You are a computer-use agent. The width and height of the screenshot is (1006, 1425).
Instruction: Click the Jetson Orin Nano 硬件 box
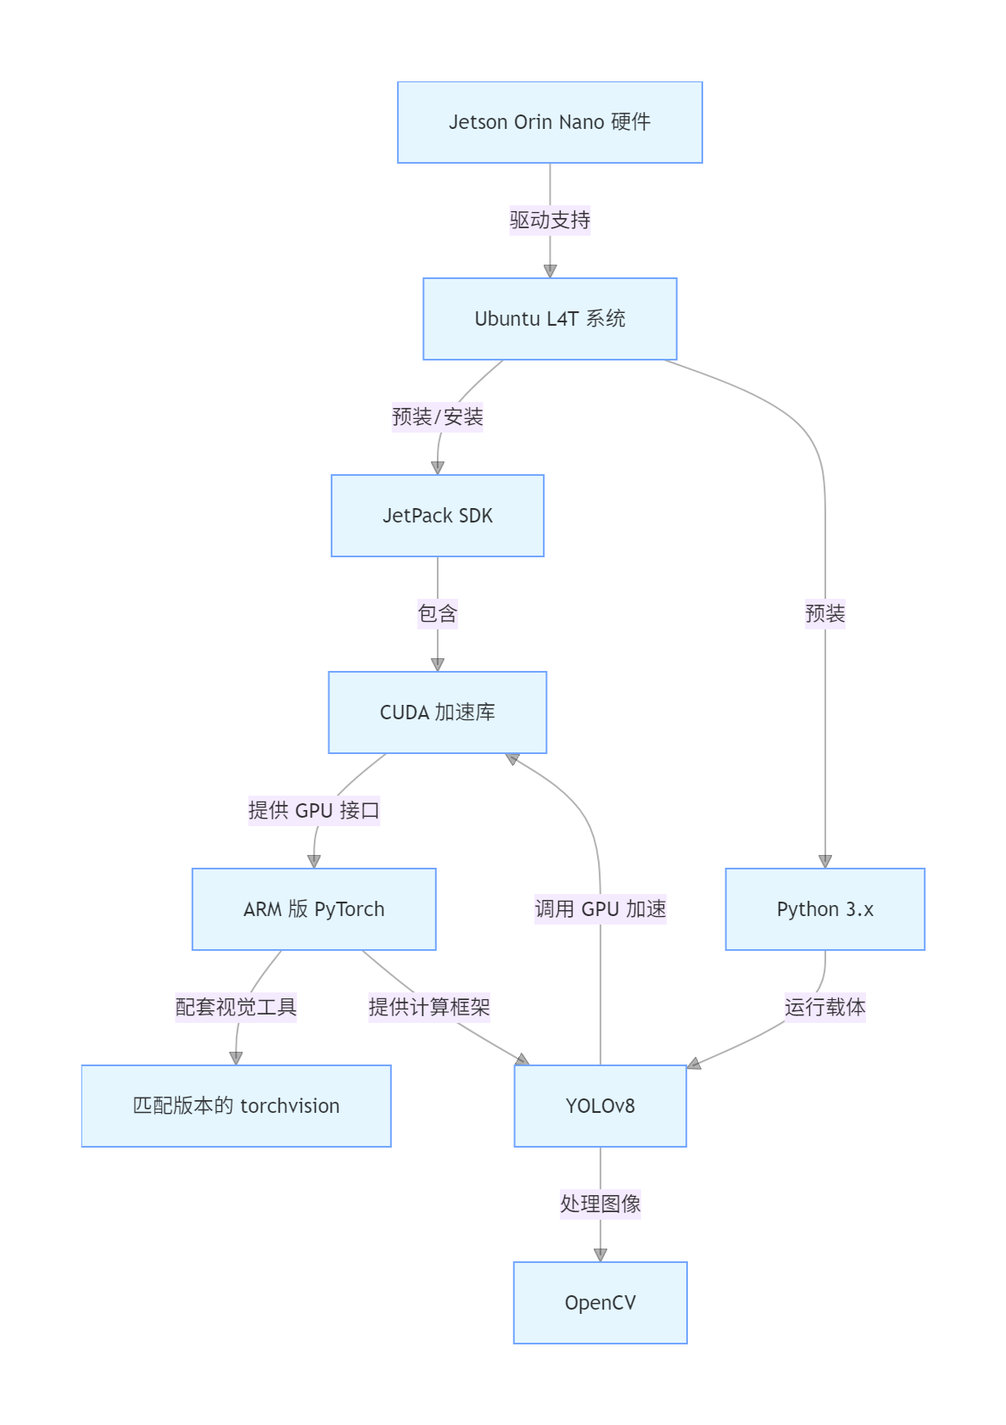click(550, 122)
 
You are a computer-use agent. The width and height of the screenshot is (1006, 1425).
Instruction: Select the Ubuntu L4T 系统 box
click(550, 319)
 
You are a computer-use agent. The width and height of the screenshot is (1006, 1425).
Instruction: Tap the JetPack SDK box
click(438, 516)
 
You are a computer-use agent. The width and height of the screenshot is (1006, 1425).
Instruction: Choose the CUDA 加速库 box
click(438, 712)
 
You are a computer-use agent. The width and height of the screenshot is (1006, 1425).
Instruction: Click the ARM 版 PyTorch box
click(314, 909)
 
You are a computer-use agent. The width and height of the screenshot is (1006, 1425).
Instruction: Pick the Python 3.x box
click(825, 909)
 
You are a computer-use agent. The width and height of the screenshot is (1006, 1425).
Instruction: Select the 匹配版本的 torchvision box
click(236, 1106)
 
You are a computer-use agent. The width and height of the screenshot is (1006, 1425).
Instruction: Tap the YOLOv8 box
click(601, 1106)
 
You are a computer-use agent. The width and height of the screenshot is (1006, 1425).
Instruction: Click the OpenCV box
click(601, 1302)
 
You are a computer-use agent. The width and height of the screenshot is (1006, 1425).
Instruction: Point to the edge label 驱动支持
click(550, 221)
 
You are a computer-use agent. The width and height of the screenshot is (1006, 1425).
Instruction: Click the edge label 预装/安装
click(438, 416)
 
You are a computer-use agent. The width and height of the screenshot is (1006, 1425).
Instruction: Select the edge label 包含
click(438, 614)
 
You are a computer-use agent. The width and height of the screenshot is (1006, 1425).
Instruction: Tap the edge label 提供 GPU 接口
click(314, 811)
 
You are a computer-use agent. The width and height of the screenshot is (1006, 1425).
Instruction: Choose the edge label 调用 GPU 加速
click(601, 909)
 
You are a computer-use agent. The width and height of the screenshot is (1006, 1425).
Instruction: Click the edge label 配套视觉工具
click(236, 1007)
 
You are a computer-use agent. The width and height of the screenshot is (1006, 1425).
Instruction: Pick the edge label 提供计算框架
click(429, 1007)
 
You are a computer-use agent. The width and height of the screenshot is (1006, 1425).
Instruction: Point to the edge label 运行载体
click(825, 1007)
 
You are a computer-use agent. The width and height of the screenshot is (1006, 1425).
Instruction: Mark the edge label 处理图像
click(601, 1204)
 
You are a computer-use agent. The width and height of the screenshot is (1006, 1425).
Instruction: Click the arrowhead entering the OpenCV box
click(601, 1255)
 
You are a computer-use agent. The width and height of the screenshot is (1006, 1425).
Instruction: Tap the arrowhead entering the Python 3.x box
click(825, 862)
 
